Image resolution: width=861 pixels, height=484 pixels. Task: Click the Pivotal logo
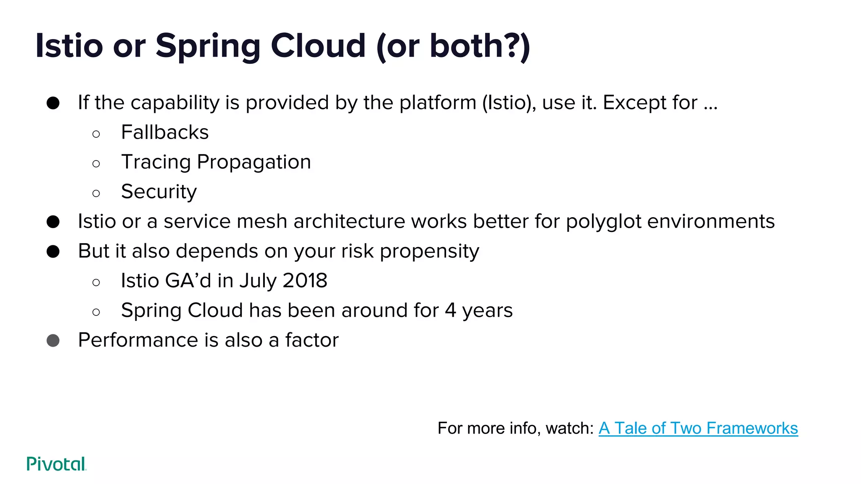point(56,464)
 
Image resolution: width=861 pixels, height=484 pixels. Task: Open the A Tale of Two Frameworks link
point(698,428)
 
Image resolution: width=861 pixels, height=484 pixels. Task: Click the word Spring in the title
point(208,46)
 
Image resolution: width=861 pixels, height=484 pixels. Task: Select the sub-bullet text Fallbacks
point(165,132)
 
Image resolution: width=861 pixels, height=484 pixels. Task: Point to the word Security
point(159,192)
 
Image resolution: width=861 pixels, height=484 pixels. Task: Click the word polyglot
point(603,222)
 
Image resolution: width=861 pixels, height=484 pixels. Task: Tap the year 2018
point(305,281)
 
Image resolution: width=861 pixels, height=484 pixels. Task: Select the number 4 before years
point(450,310)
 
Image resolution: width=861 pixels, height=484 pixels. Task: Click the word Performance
point(138,340)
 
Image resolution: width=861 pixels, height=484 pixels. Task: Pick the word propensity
point(429,252)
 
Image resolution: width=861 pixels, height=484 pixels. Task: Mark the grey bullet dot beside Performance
point(53,340)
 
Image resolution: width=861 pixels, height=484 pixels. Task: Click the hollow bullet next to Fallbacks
point(96,134)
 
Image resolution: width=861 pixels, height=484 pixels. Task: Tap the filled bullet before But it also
point(53,252)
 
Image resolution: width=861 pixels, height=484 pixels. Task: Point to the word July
point(257,281)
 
